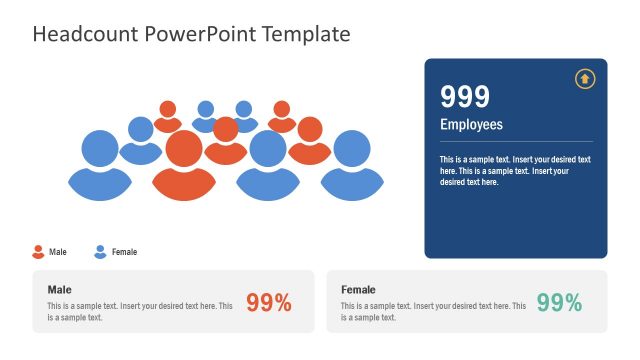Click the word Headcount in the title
point(86,34)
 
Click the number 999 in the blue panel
point(465,97)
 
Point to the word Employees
point(471,125)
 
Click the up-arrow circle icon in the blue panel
point(584,79)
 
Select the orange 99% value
point(268,303)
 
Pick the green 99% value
point(559,303)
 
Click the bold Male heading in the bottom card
point(59,289)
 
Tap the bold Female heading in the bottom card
point(358,289)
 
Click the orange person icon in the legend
point(39,252)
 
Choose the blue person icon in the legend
point(100,252)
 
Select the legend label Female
point(125,252)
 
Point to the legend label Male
point(58,252)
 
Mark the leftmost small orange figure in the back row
point(167,113)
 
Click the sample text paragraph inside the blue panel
point(515,170)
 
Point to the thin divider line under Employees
point(515,141)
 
